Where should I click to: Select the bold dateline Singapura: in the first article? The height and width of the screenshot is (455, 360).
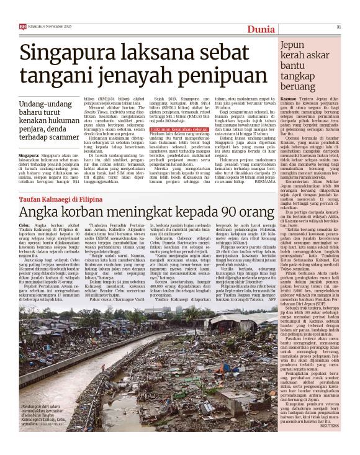point(29,155)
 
